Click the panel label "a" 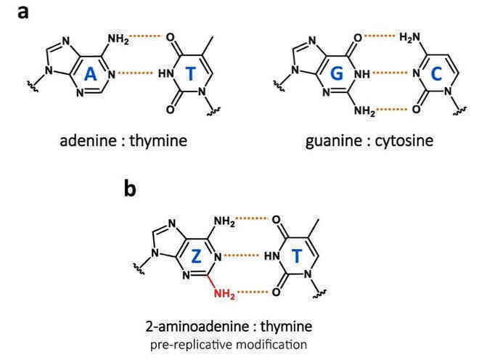click(x=23, y=12)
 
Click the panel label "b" click(x=130, y=187)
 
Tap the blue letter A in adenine click(x=90, y=74)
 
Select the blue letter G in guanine click(x=336, y=73)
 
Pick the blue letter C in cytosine click(x=436, y=73)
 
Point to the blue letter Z click(x=196, y=256)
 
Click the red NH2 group click(x=224, y=294)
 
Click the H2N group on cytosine click(x=410, y=38)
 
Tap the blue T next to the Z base click(x=297, y=256)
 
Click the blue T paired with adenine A click(x=191, y=73)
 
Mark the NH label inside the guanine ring click(x=361, y=73)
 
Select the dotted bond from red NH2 click(x=253, y=292)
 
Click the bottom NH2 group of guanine click(x=365, y=110)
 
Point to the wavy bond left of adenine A click(x=33, y=86)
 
